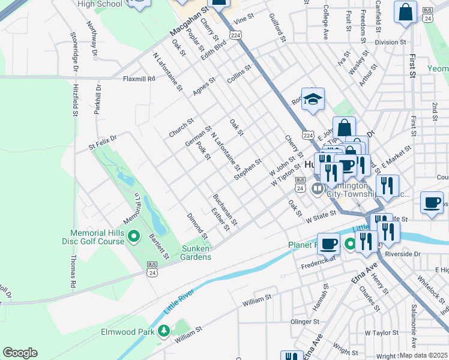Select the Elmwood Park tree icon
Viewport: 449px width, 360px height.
pos(163,331)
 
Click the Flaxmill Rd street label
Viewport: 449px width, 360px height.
pos(139,79)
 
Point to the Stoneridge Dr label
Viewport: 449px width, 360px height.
pos(76,50)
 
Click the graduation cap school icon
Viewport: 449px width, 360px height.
pos(312,100)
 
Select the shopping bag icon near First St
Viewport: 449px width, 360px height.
pos(405,12)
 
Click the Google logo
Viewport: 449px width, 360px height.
pos(20,353)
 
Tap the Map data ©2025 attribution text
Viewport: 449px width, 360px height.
pos(423,355)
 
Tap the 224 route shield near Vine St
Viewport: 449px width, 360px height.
pos(236,36)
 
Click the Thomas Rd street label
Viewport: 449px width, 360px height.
pos(73,270)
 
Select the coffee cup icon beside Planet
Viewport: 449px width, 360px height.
pos(328,244)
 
